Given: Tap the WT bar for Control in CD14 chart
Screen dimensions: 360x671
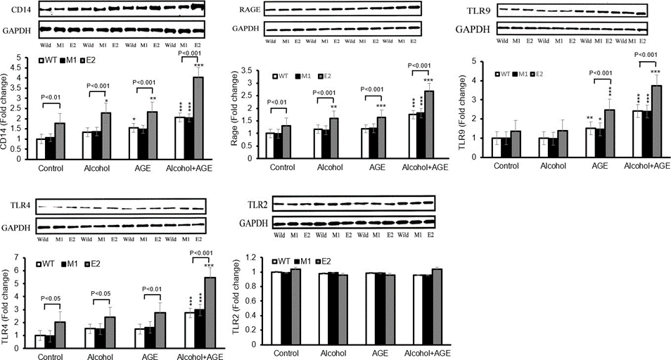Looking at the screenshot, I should [x=40, y=149].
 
